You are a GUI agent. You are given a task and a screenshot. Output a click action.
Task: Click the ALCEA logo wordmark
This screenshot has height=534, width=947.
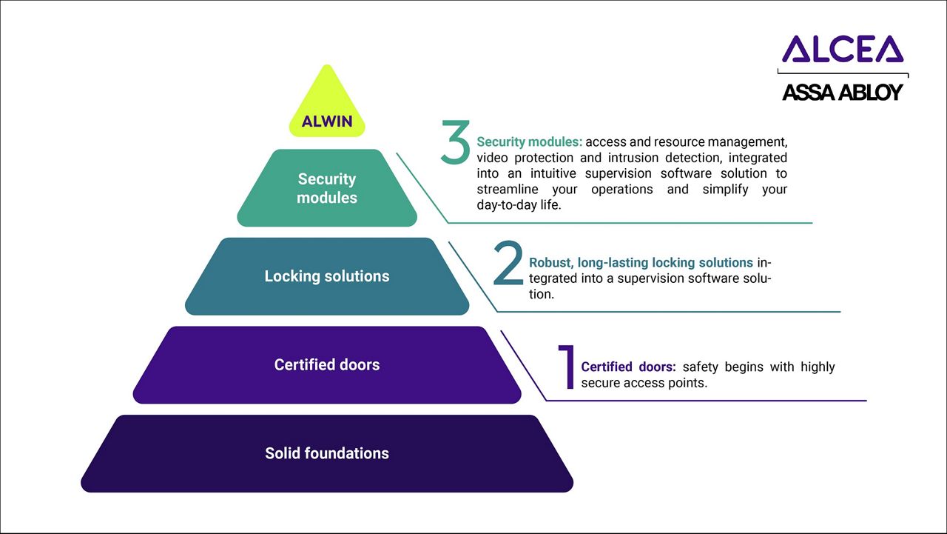pyautogui.click(x=842, y=49)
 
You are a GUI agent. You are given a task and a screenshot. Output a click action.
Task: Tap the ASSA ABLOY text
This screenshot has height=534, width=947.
pyautogui.click(x=843, y=93)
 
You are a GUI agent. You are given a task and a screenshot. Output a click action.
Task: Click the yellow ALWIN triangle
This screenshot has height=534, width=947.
pyautogui.click(x=327, y=111)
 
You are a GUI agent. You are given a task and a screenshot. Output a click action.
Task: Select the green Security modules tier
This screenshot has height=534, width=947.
pyautogui.click(x=327, y=188)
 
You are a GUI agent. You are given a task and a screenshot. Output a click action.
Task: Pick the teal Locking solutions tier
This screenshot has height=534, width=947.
pyautogui.click(x=327, y=276)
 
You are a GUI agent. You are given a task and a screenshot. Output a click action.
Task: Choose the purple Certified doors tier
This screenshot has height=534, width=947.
pyautogui.click(x=327, y=364)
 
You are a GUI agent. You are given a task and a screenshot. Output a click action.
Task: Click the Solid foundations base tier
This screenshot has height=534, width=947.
pyautogui.click(x=327, y=453)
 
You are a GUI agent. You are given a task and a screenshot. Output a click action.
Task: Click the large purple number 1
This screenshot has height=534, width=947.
pyautogui.click(x=567, y=367)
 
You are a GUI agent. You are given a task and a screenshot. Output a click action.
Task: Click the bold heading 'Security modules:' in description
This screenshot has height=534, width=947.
pyautogui.click(x=529, y=141)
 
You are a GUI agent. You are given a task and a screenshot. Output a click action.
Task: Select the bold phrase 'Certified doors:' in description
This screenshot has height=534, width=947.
pyautogui.click(x=628, y=367)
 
